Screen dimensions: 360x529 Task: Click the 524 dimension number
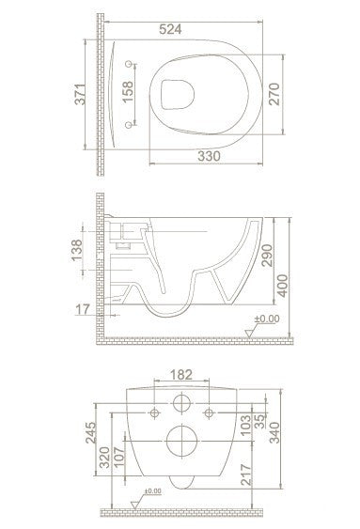[x=170, y=29]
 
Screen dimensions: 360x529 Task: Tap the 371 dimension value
[x=80, y=94]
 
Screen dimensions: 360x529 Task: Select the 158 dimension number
[x=128, y=92]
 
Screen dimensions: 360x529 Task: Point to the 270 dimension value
[x=274, y=94]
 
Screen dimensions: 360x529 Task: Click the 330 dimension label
[x=209, y=156]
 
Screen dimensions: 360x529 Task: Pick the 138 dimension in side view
[x=77, y=250]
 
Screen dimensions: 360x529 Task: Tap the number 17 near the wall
[x=83, y=309]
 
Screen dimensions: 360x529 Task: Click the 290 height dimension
[x=267, y=256]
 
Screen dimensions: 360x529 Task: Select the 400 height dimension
[x=282, y=286]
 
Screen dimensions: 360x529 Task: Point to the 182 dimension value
[x=181, y=375]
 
